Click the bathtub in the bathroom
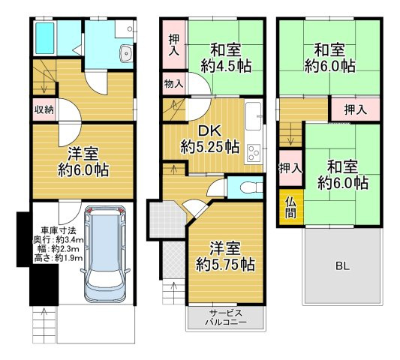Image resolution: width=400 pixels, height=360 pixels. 45,38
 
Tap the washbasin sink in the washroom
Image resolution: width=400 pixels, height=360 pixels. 126,53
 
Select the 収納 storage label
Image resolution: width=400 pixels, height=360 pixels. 44,110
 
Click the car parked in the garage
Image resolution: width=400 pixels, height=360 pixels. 105,254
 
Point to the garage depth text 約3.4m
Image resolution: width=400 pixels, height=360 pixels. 70,240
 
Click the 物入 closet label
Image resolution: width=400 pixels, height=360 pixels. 173,83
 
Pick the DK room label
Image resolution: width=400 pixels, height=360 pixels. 209,131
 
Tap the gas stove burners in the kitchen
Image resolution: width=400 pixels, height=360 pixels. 254,153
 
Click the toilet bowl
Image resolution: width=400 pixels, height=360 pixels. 250,187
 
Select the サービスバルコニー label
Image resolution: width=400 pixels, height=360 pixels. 226,317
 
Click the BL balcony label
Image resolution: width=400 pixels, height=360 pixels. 342,266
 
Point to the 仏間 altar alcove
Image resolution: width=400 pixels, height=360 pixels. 291,207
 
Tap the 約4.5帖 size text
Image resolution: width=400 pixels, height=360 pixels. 226,66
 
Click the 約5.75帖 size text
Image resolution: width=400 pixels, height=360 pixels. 225,265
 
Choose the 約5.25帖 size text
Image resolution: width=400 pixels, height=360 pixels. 210,146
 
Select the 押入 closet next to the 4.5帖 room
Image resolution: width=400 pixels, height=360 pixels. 174,45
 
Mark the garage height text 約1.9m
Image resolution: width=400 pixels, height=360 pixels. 69,258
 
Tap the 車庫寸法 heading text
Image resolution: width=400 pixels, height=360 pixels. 59,231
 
